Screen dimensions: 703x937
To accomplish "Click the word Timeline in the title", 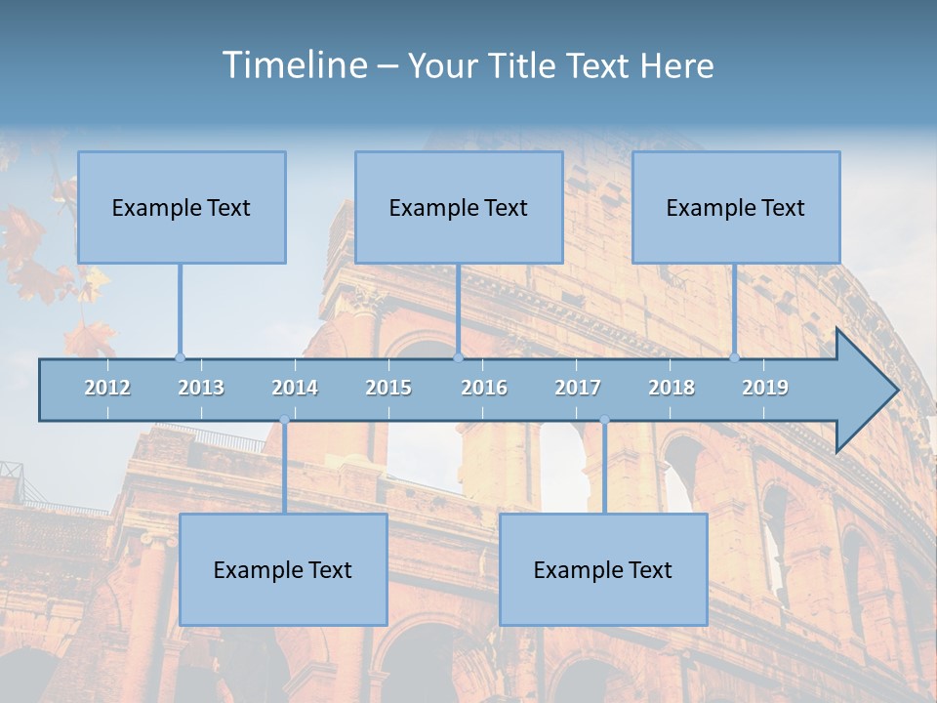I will tap(293, 65).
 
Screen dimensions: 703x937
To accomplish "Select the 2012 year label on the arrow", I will tap(107, 388).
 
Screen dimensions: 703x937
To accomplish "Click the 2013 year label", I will tap(201, 388).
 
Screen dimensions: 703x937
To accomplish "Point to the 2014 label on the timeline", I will tap(295, 388).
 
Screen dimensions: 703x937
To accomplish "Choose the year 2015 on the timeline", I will tap(388, 388).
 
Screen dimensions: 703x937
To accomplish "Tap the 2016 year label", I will tap(484, 388).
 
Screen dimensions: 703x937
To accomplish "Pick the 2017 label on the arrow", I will tap(578, 388).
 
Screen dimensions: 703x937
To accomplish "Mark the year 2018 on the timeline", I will tap(672, 388).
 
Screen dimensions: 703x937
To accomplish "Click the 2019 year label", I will tap(765, 388).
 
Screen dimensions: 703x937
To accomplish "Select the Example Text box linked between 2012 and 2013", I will tap(182, 207).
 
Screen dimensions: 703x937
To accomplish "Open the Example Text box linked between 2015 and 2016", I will tap(459, 207).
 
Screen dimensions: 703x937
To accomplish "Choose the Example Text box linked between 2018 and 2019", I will tap(736, 207).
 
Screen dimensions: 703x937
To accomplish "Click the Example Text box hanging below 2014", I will tap(283, 569).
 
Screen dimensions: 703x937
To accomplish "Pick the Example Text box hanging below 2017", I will tap(603, 569).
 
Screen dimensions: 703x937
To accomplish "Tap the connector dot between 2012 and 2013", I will tap(180, 357).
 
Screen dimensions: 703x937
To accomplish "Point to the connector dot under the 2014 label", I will tap(284, 420).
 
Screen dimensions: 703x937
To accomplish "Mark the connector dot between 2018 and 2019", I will tap(735, 357).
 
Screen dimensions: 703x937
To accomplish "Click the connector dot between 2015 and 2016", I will tap(458, 357).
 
